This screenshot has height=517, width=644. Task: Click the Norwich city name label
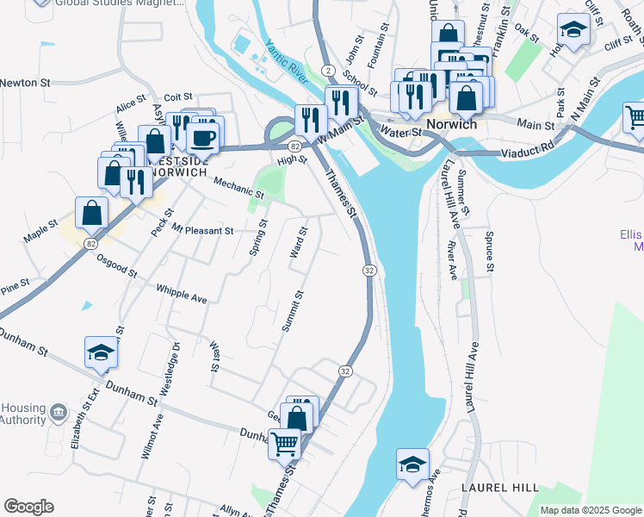pos(452,124)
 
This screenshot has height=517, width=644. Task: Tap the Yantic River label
pos(287,59)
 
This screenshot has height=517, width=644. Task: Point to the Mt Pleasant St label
pos(202,230)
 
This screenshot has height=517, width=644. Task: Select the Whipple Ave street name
pos(182,293)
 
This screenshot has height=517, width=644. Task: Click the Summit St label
pos(294,311)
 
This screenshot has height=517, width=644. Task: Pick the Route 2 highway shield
pos(328,69)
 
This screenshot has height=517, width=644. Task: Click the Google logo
pos(28,507)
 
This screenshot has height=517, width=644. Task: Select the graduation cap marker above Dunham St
pos(101,352)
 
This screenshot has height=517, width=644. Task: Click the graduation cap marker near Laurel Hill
pos(413,464)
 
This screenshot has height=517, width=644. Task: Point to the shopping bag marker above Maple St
pos(91,212)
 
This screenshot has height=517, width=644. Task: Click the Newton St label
pos(26,83)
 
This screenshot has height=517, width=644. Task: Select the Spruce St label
pos(490,251)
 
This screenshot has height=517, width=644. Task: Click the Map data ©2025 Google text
pos(591,510)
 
